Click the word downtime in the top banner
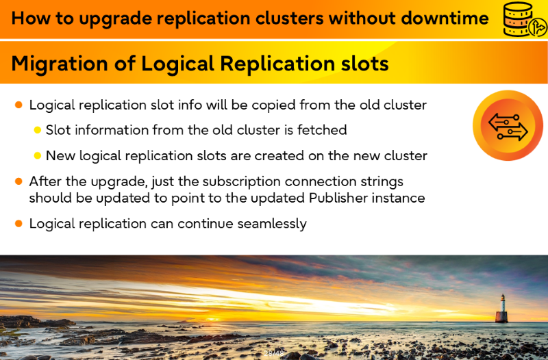[x=445, y=18]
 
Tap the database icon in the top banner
[x=524, y=19]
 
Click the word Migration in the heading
[x=60, y=64]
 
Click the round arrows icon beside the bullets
[x=508, y=125]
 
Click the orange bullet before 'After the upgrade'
[x=19, y=181]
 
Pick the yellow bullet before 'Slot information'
[x=38, y=130]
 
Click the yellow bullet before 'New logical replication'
[x=38, y=156]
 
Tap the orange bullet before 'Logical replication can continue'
[x=19, y=224]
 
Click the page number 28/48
[x=273, y=353]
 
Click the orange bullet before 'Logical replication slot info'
[x=19, y=105]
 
